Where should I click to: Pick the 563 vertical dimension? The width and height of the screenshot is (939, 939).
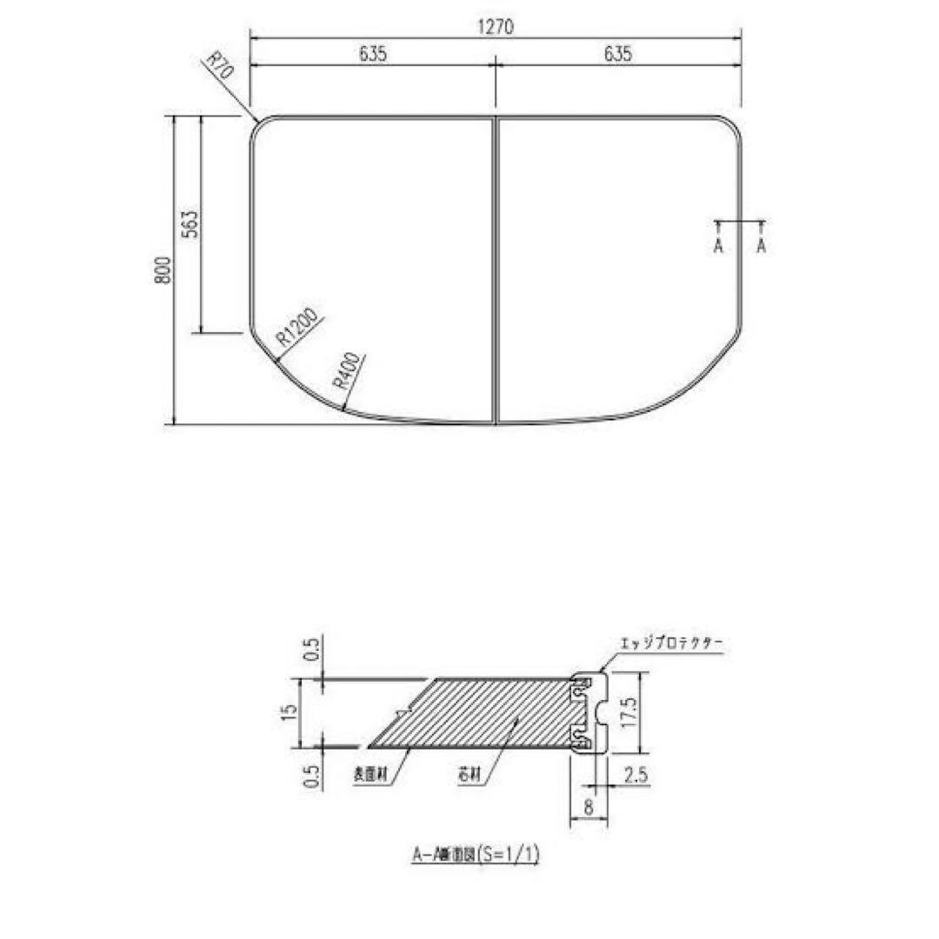click(192, 224)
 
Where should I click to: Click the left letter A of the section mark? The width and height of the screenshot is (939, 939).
click(719, 247)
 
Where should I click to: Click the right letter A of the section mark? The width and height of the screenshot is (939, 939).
click(762, 247)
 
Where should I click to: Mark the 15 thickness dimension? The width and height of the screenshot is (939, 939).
click(290, 714)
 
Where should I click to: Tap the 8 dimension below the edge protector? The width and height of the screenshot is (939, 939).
click(589, 807)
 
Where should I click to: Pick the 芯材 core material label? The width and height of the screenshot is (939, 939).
click(469, 773)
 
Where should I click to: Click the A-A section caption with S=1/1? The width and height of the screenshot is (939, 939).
click(476, 856)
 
